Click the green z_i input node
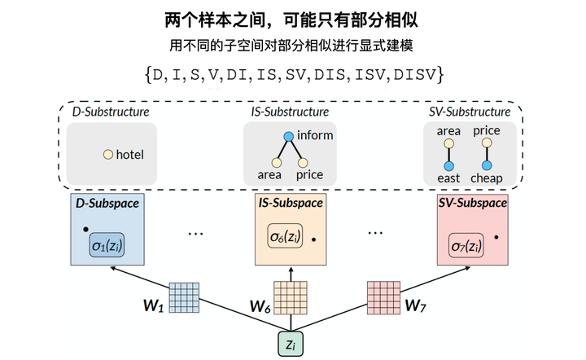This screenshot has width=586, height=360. (291, 345)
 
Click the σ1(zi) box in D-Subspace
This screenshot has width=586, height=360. (107, 245)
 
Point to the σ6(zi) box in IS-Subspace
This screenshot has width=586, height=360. (286, 238)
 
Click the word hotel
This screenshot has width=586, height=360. (130, 154)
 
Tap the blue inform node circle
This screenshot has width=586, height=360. (288, 136)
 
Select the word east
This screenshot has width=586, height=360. (448, 178)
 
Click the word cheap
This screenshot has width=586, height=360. (486, 178)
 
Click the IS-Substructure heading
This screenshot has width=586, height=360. (290, 112)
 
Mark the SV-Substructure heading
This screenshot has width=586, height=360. (469, 112)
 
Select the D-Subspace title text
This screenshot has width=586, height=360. (107, 203)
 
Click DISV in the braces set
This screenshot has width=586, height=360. (414, 75)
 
